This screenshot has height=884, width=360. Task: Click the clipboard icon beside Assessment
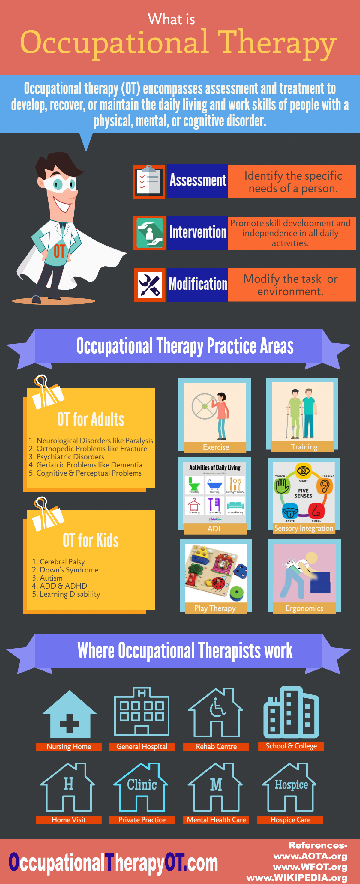tap(149, 181)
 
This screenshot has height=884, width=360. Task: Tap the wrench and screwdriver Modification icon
tap(150, 285)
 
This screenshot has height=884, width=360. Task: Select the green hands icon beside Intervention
tap(150, 233)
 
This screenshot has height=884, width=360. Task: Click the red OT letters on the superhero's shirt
tap(59, 251)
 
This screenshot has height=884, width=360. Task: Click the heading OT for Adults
tap(91, 419)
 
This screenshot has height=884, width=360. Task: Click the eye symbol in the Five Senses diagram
tap(303, 470)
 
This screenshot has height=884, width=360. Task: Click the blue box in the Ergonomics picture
tap(320, 582)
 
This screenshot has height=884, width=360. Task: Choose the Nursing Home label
tap(69, 747)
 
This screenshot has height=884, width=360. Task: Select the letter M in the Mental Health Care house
tap(216, 784)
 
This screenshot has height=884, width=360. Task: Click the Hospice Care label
tap(290, 820)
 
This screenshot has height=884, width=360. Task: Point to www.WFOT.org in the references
tap(310, 867)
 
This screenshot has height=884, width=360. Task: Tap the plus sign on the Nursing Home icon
tap(69, 723)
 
